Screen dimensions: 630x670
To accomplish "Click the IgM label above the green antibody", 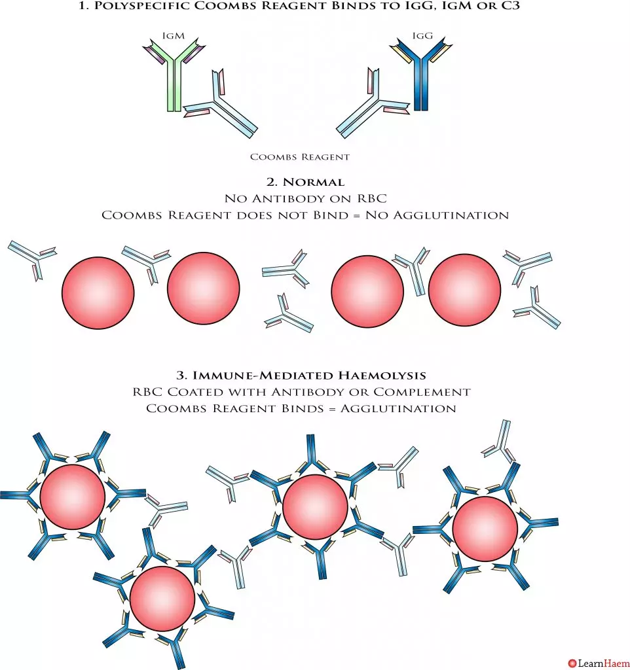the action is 174,36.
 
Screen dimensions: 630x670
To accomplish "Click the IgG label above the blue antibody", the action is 422,36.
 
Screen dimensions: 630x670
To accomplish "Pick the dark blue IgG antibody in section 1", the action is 421,74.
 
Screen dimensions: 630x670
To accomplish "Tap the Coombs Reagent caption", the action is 300,157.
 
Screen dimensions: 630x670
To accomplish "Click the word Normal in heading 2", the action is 314,183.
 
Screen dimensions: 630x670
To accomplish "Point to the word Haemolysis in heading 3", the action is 382,376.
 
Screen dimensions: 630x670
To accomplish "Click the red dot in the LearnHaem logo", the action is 572,663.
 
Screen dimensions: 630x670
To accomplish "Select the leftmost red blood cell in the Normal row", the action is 98,292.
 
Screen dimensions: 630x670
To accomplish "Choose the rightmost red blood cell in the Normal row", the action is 464,290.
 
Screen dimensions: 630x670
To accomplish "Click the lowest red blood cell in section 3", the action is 162,599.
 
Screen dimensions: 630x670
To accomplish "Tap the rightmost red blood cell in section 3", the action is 485,529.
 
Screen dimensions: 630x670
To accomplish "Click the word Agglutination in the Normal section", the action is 451,215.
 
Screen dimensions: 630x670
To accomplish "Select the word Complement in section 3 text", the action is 422,392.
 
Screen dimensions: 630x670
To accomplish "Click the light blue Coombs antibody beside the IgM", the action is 221,104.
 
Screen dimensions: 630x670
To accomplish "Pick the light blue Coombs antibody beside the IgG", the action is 373,103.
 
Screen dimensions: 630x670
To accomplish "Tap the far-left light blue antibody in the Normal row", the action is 33,259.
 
